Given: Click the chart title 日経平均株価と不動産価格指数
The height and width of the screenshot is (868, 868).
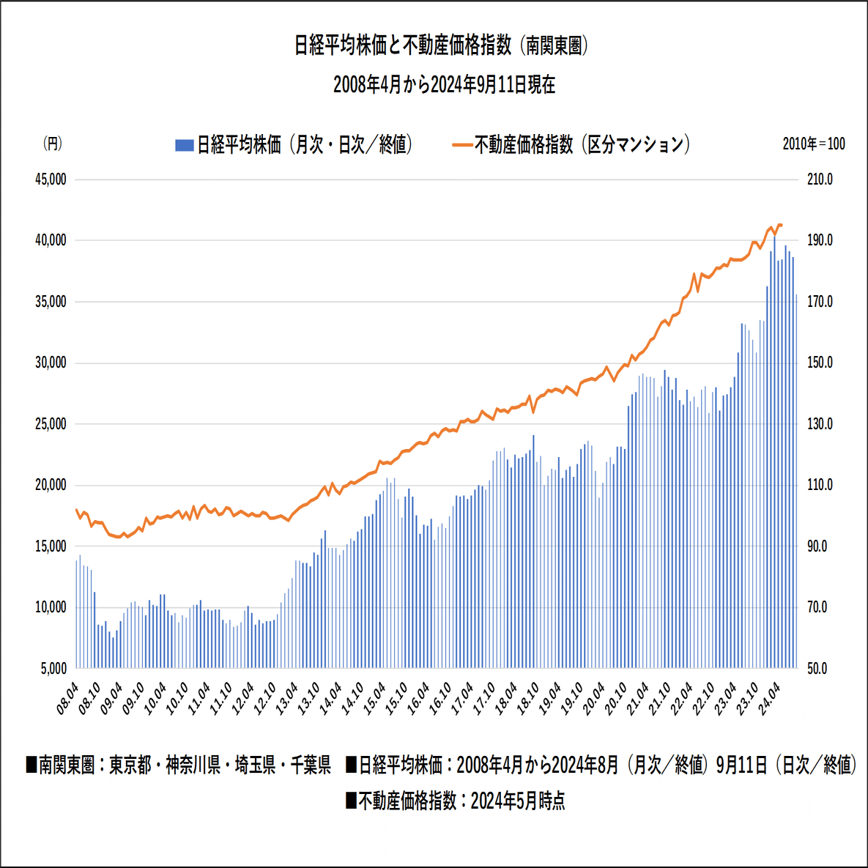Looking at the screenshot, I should click(442, 45).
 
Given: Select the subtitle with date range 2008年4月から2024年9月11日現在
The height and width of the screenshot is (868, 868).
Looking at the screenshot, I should click(444, 85).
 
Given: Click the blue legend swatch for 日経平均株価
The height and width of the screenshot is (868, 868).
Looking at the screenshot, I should click(184, 145).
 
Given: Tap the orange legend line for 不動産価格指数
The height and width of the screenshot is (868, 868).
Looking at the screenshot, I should click(462, 145).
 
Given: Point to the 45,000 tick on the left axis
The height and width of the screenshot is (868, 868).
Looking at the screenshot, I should click(51, 179).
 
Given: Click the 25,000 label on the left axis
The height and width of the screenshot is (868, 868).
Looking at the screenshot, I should click(51, 424).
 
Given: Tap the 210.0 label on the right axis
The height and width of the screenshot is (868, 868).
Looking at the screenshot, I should click(820, 179).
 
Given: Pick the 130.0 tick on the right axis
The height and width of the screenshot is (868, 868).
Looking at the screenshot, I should click(820, 424).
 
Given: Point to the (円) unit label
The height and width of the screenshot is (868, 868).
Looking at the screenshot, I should click(52, 144).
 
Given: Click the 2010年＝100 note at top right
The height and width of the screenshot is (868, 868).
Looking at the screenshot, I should click(813, 144).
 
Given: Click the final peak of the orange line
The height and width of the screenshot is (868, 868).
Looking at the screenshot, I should click(779, 225).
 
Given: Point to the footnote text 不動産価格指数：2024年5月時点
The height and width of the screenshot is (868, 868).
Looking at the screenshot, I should click(455, 801).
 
